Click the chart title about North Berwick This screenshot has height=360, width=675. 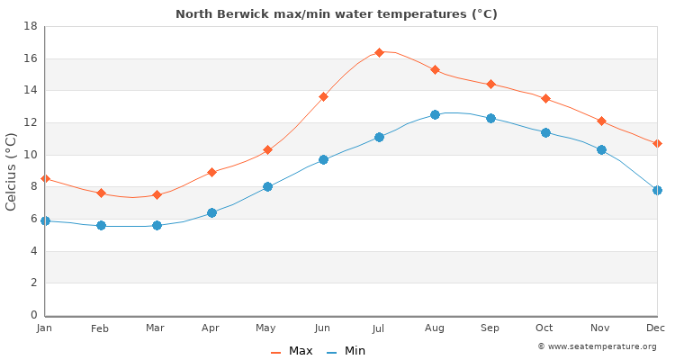click(x=337, y=14)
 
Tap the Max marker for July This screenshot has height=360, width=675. click(x=379, y=52)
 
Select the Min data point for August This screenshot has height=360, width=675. click(x=435, y=114)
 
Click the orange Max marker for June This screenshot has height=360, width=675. click(x=323, y=96)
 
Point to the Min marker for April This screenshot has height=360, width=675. click(x=211, y=212)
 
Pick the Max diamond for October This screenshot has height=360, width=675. click(x=545, y=98)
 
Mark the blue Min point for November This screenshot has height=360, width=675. click(x=601, y=149)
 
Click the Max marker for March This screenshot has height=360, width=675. click(x=157, y=194)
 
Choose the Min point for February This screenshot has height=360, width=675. click(x=101, y=225)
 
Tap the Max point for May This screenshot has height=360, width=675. click(x=267, y=149)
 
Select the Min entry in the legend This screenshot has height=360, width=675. click(x=346, y=351)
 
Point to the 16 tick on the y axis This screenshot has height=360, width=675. click(x=30, y=58)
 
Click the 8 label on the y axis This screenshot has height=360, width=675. click(x=32, y=187)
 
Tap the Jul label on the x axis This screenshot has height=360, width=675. click(x=379, y=328)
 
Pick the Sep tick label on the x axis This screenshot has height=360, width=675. click(x=490, y=328)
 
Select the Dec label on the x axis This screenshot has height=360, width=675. click(x=655, y=328)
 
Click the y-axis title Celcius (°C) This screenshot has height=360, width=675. click(x=12, y=171)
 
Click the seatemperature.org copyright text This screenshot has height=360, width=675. click(x=597, y=346)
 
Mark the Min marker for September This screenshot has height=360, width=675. click(x=490, y=118)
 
